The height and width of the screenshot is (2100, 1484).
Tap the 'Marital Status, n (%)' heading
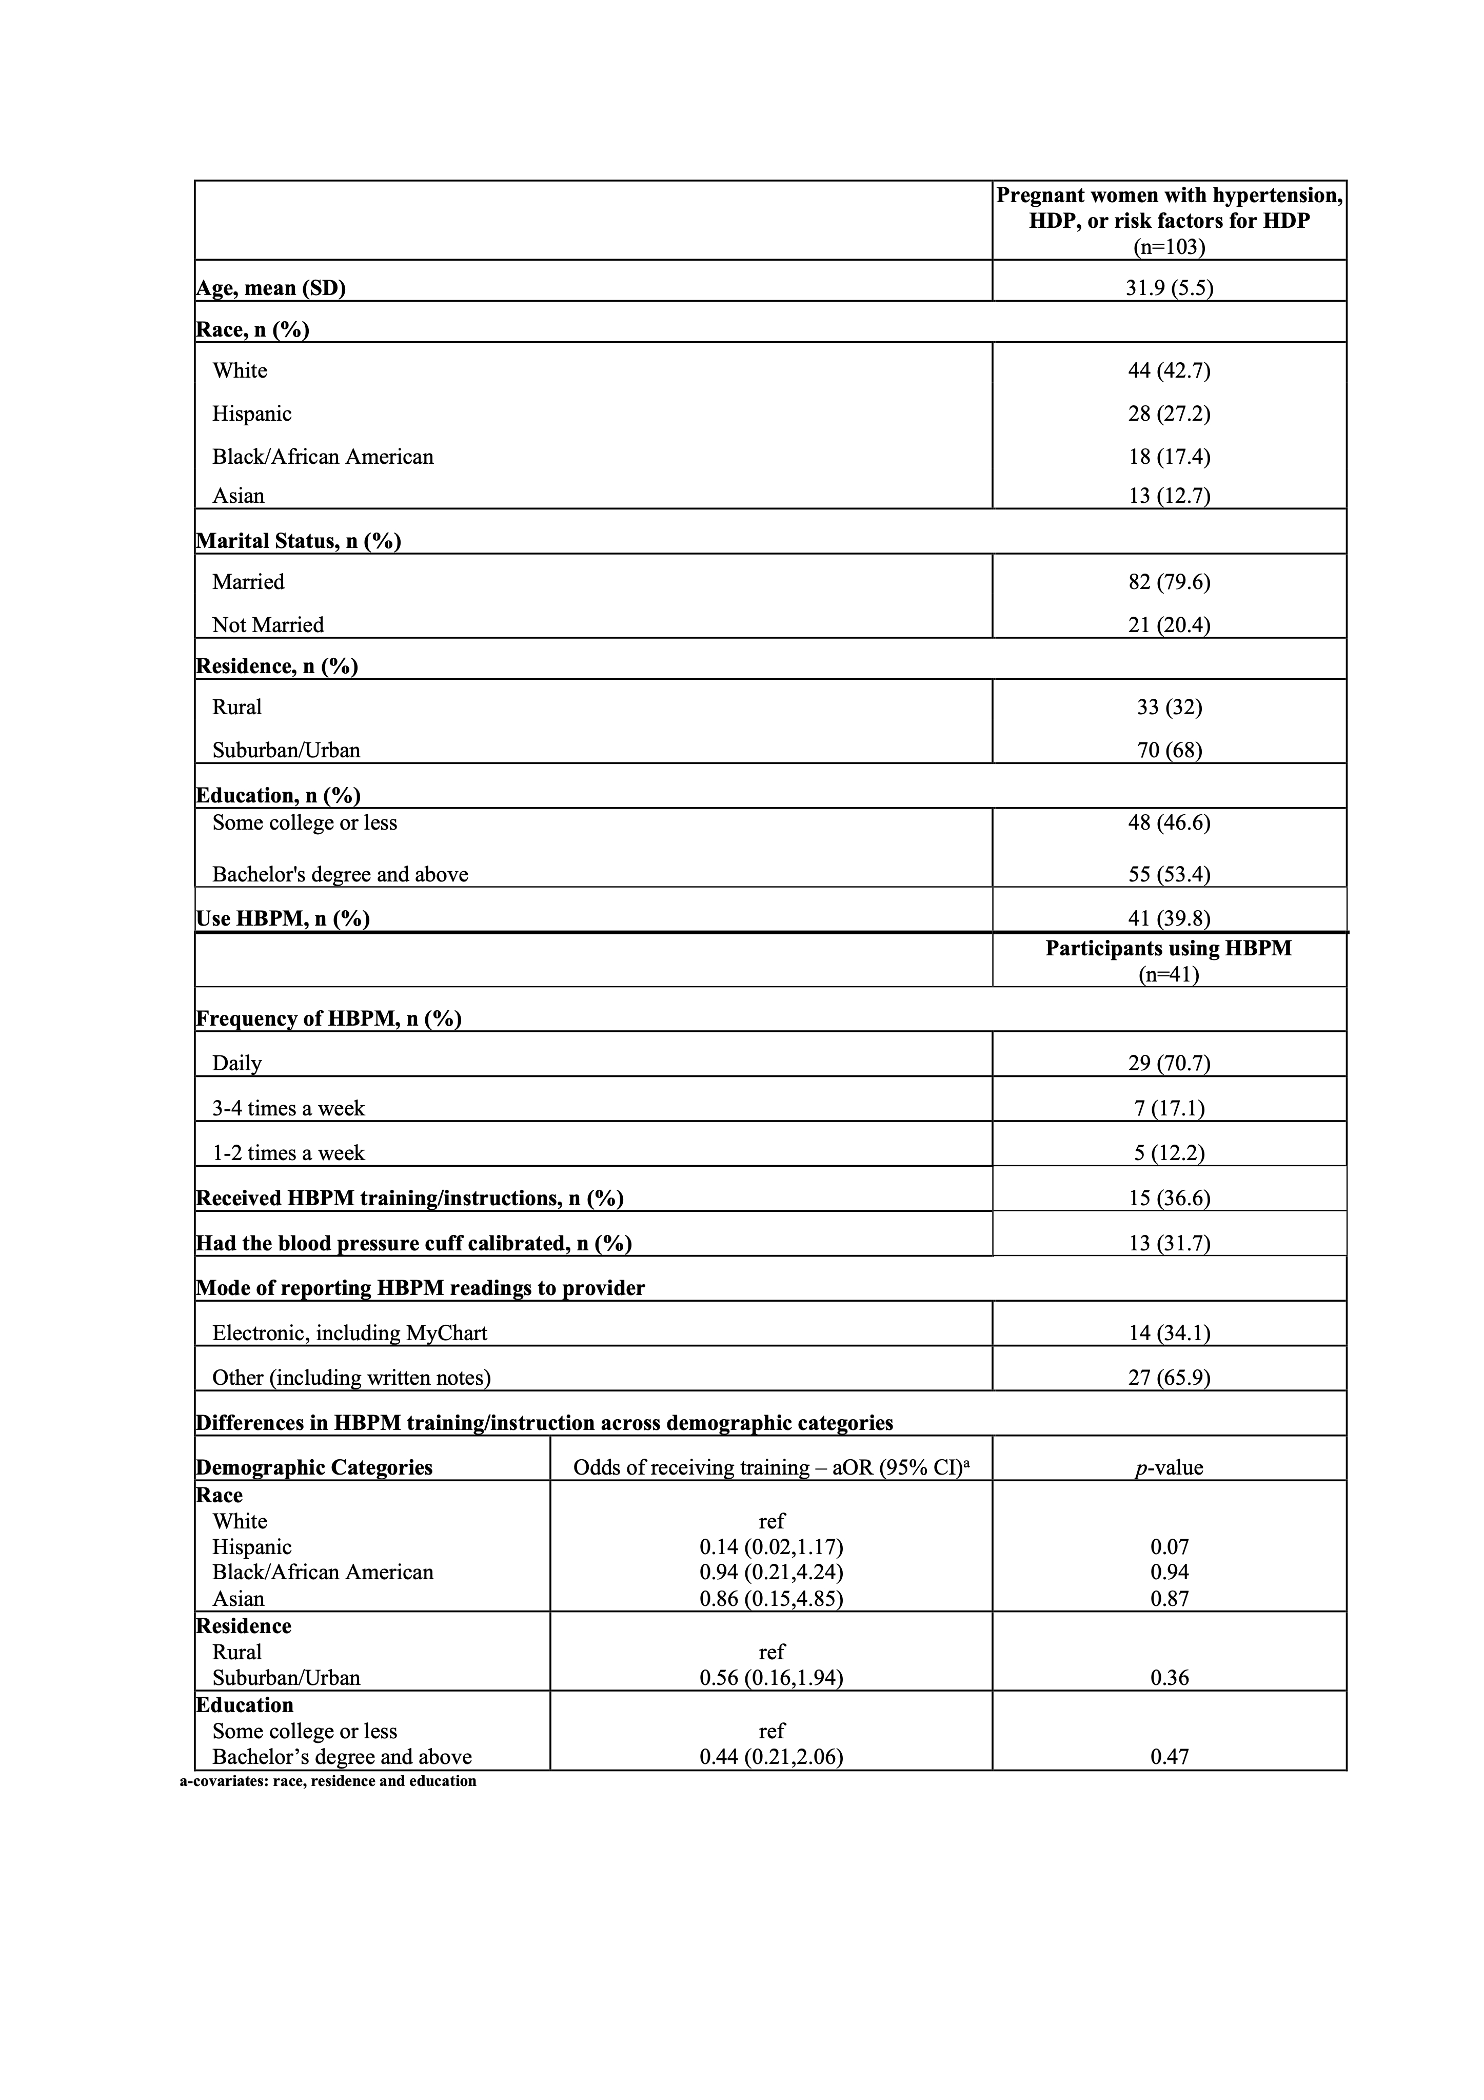(x=299, y=541)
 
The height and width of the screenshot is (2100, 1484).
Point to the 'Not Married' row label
(x=268, y=625)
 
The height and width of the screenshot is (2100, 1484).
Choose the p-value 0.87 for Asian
(x=1170, y=1599)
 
